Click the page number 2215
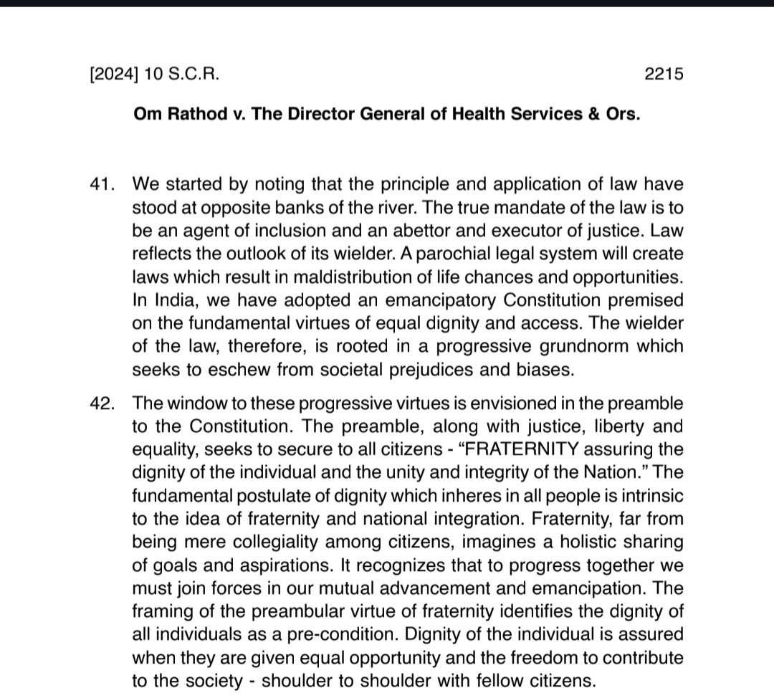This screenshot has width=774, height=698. pos(664,74)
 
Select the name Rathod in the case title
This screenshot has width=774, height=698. pos(190,115)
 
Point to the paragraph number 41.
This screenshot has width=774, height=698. pos(102,184)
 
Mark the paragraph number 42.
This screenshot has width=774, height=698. pos(102,403)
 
